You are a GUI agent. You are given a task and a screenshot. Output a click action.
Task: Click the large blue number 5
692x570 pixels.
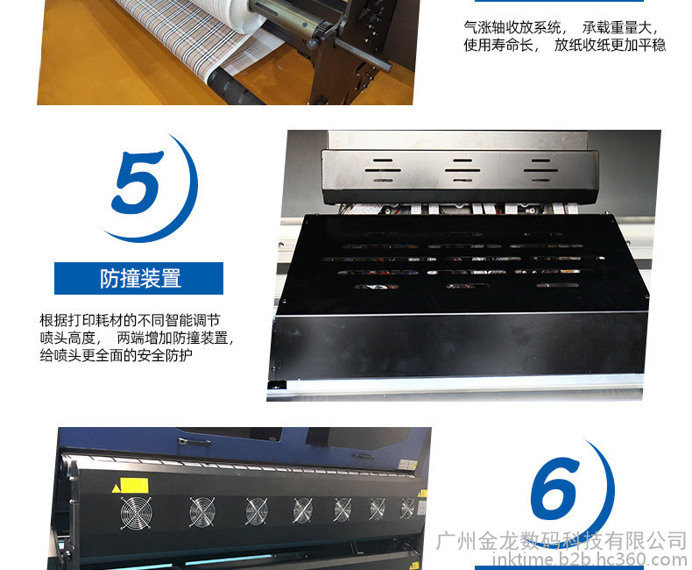(137, 182)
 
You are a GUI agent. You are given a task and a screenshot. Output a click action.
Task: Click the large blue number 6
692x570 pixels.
(554, 488)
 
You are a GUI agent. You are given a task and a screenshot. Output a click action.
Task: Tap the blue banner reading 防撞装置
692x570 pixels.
(138, 278)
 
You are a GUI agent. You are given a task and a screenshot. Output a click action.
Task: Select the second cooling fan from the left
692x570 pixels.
(202, 511)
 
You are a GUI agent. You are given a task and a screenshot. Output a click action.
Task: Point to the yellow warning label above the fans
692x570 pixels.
(134, 485)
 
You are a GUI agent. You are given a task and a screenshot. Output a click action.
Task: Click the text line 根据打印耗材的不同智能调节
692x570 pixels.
(130, 320)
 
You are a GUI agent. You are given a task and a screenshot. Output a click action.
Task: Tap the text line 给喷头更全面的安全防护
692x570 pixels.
(117, 355)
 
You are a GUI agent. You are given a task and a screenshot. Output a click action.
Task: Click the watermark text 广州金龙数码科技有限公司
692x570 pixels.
(561, 541)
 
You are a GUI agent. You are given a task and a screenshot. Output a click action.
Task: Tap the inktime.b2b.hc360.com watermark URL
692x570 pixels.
(590, 559)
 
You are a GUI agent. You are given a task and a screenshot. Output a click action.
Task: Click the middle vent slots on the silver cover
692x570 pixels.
(463, 170)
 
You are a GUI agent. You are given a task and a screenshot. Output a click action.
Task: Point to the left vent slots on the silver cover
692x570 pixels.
(383, 170)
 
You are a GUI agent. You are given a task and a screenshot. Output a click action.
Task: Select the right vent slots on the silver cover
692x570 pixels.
(540, 170)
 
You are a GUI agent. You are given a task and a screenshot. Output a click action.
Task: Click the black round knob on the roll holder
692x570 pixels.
(313, 44)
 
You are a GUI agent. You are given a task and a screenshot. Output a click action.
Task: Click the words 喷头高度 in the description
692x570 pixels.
(67, 338)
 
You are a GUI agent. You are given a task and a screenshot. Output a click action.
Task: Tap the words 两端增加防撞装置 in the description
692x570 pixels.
(172, 338)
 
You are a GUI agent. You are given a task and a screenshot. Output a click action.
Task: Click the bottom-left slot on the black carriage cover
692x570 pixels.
(377, 287)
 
